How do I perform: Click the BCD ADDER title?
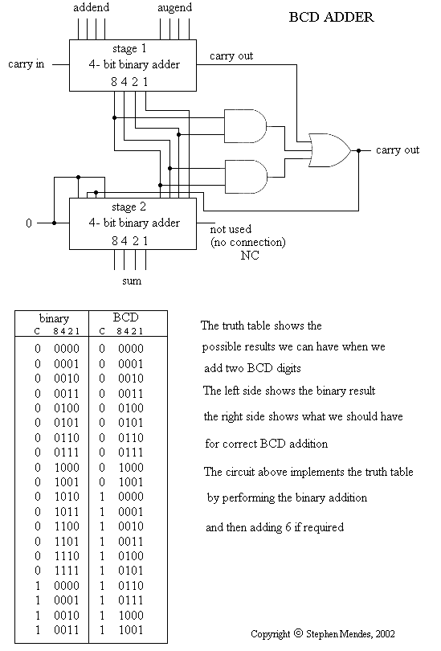331,17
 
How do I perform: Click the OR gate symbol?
330,150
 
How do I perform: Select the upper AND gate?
246,126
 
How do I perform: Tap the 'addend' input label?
92,7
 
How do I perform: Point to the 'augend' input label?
174,8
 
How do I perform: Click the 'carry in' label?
27,64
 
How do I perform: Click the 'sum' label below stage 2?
132,281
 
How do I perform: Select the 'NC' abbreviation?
250,256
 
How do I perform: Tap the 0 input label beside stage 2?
29,223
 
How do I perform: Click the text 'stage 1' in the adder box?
129,48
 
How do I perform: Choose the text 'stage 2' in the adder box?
129,207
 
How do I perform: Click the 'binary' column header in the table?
54,318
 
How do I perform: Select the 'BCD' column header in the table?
125,317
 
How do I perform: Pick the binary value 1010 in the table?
67,497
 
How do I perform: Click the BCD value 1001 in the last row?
131,630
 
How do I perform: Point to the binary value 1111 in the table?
67,571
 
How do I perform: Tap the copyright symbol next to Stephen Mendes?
298,633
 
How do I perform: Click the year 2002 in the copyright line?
386,634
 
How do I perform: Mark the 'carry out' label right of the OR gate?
398,149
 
